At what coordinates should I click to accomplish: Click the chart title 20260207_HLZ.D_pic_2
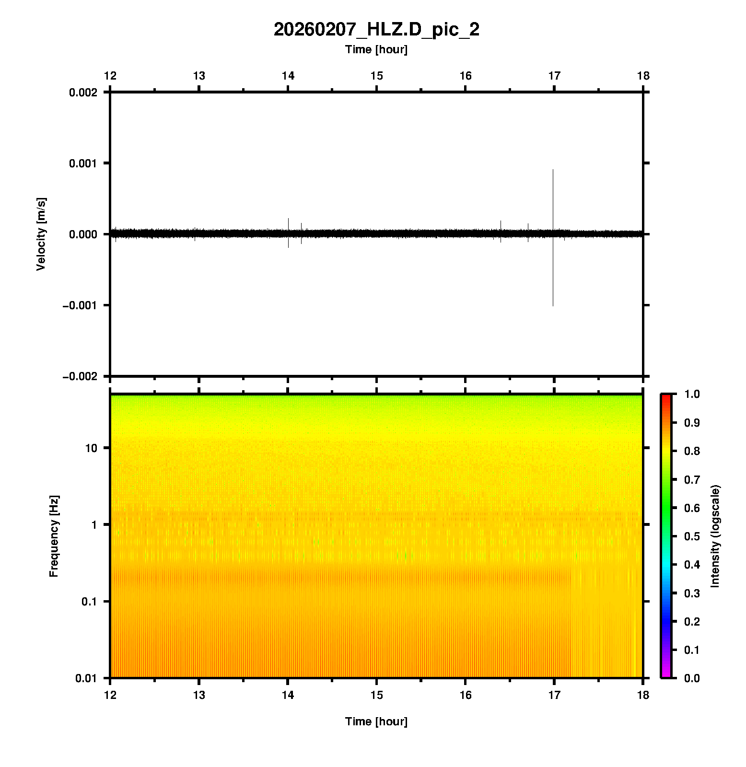point(376,30)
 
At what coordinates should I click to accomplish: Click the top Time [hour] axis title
point(376,49)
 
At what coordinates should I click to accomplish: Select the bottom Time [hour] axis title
point(376,721)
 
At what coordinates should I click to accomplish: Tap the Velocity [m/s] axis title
point(41,234)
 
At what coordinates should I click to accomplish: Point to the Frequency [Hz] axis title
point(54,536)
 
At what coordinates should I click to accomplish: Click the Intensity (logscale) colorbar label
point(715,536)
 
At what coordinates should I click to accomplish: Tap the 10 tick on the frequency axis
point(91,448)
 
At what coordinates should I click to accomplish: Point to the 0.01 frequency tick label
point(86,678)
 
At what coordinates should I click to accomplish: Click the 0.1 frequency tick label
point(89,602)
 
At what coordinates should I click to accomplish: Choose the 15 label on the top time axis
point(377,76)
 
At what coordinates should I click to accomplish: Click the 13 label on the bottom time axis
point(199,695)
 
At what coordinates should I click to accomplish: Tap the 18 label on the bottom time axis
point(643,695)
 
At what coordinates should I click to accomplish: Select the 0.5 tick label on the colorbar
point(692,536)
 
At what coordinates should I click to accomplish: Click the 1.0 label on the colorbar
point(692,394)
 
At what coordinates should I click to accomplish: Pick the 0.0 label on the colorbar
point(692,678)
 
